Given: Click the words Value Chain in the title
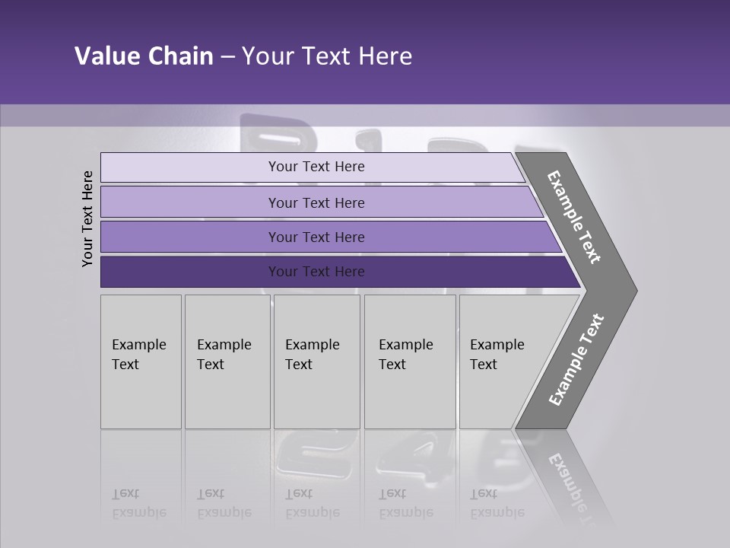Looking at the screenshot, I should [x=144, y=56].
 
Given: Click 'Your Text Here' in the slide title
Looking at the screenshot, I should [x=327, y=56].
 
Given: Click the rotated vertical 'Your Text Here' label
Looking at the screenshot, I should [x=87, y=218].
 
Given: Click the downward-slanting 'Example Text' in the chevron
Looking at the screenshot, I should [x=574, y=217].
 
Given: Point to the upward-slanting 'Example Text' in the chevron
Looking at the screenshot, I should [x=576, y=360].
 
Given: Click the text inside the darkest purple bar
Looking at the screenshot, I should [x=316, y=272].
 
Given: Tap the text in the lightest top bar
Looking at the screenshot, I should [x=316, y=167].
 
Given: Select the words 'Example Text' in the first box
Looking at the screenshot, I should [x=138, y=355].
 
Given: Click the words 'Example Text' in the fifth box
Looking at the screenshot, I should [x=497, y=355].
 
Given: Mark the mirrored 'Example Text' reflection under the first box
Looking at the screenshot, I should [x=138, y=503].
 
